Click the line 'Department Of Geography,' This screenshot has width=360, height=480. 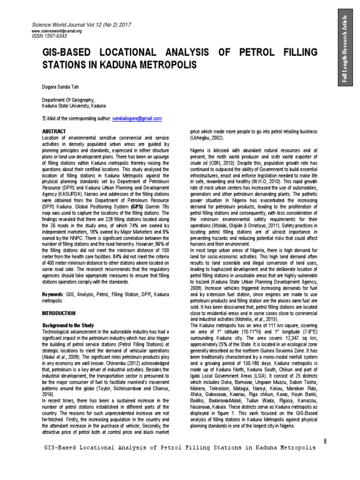tap(68, 100)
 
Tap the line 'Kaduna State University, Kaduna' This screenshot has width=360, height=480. tap(74, 106)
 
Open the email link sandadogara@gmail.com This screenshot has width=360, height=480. tap(137, 119)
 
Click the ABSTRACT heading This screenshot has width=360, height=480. tap(54, 132)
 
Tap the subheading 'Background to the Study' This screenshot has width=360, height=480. tap(68, 325)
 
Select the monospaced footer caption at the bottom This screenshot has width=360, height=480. tap(180, 448)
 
